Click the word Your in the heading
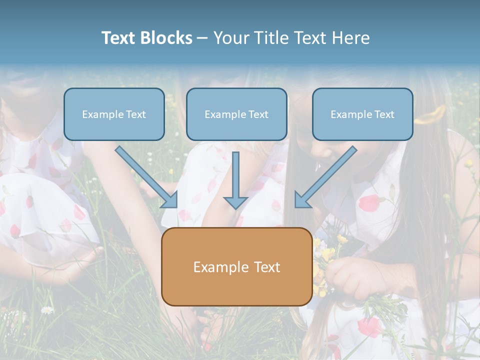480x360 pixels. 231,38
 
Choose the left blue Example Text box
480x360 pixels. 114,114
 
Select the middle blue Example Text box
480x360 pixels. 236,114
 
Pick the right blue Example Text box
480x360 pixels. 362,114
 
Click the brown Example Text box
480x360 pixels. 236,266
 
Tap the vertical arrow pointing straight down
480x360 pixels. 235,177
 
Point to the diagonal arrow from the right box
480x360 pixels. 325,177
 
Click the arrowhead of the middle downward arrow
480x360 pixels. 235,202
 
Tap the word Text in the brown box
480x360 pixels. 267,267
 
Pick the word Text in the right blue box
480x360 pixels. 384,114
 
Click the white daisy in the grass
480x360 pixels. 47,310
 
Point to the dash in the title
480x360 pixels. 202,38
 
